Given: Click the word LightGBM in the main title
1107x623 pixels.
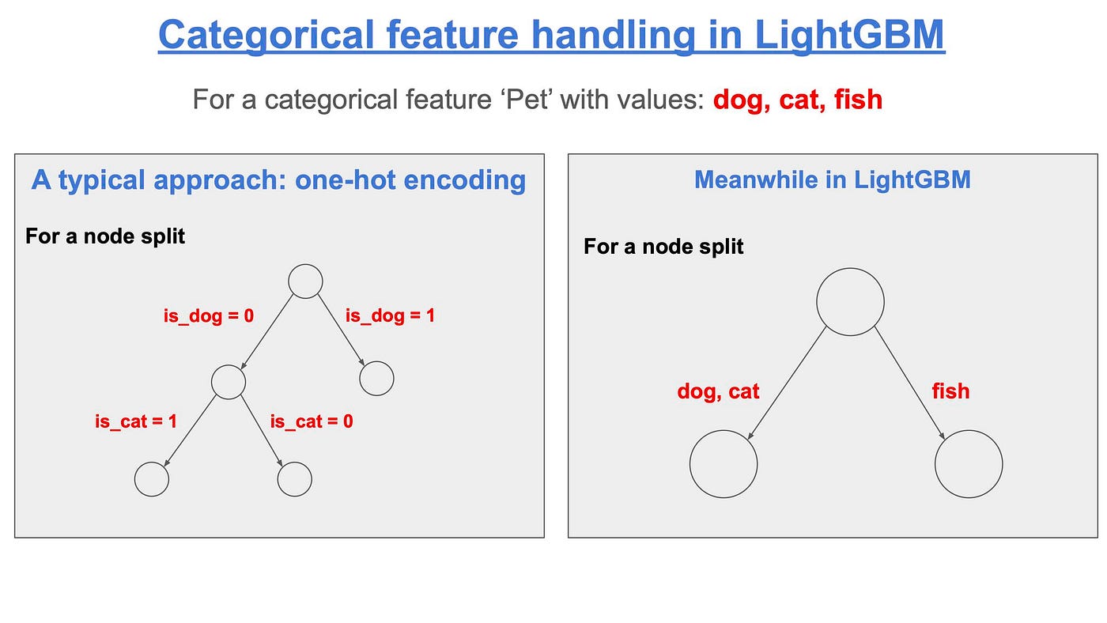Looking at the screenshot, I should click(849, 35).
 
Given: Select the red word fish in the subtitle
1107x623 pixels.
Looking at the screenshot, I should click(858, 100).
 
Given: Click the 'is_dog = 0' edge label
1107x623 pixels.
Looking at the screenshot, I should click(209, 316).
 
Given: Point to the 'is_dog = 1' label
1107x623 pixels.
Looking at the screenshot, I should click(390, 316).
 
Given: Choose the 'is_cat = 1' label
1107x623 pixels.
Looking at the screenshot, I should click(136, 421).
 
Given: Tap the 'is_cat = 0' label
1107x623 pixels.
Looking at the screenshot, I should click(312, 421).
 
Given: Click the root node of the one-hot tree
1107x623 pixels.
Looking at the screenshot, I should click(305, 281).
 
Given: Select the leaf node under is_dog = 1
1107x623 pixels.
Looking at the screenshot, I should click(376, 379).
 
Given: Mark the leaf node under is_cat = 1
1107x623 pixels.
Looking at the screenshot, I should click(152, 479).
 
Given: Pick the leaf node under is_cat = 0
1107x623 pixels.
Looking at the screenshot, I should click(295, 479).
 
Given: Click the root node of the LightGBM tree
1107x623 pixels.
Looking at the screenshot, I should click(850, 301).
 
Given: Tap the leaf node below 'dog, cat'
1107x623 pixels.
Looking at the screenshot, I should click(724, 464).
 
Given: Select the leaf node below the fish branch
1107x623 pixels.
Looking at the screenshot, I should click(969, 464).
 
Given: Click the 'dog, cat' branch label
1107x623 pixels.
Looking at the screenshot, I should click(718, 391).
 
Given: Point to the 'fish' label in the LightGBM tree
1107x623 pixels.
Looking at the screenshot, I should click(950, 391).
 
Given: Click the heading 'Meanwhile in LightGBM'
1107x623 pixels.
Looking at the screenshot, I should click(832, 180).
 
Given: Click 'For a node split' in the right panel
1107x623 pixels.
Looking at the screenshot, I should click(663, 247).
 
